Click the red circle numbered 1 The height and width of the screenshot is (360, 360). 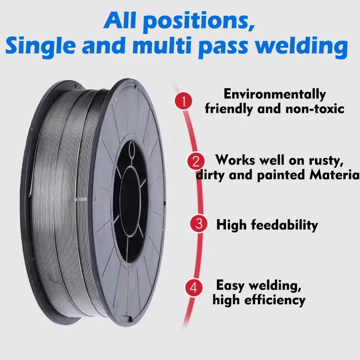(x=183, y=101)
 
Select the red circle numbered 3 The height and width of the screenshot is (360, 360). (x=199, y=224)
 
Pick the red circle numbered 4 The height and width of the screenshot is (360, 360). (x=194, y=288)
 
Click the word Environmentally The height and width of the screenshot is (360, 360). (x=274, y=94)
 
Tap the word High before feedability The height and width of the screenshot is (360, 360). (x=231, y=225)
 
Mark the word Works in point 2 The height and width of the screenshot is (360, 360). (x=237, y=160)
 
